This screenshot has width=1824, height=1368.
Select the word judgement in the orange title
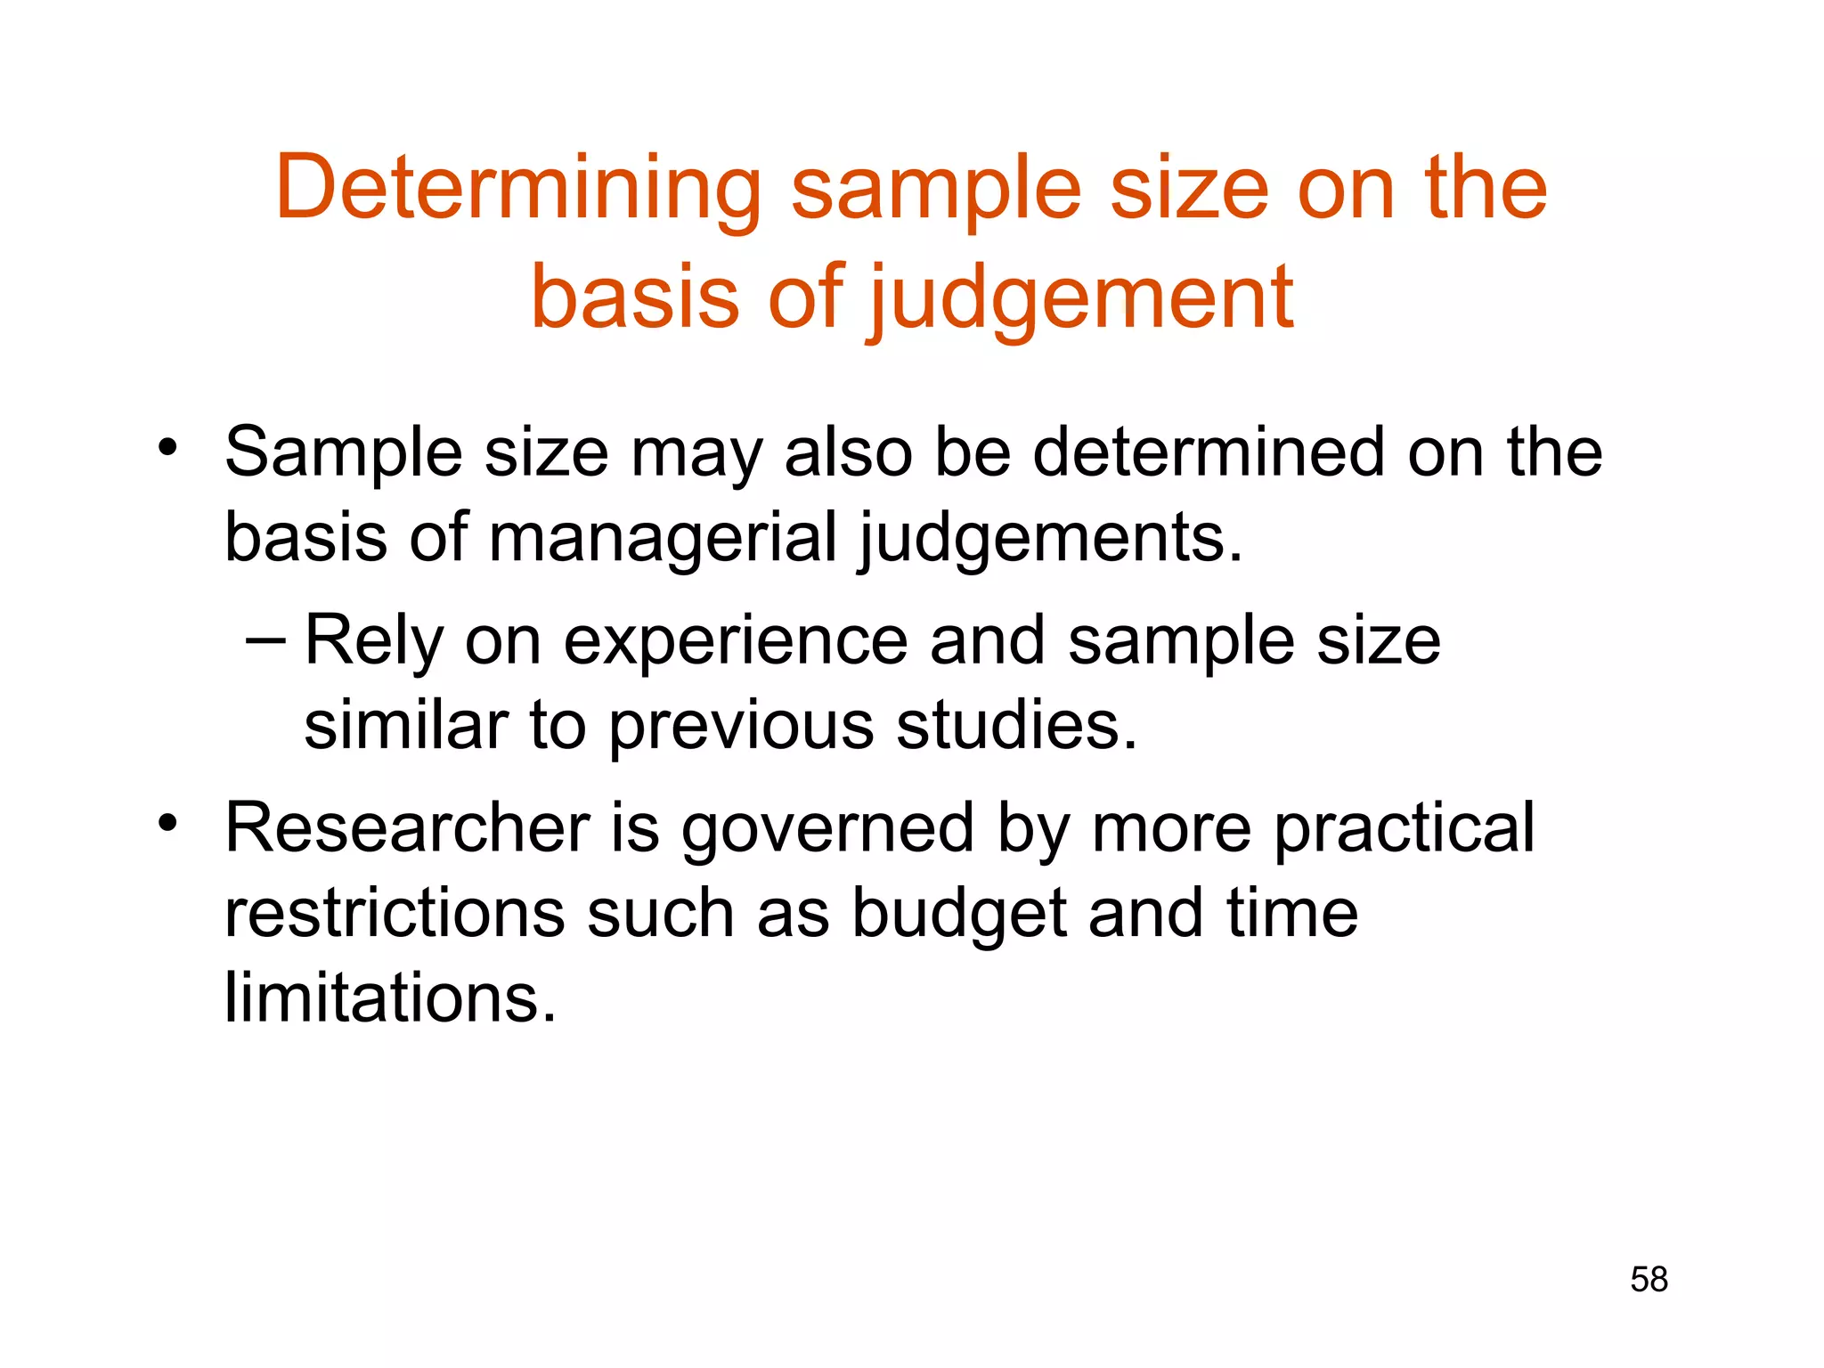pos(1081,298)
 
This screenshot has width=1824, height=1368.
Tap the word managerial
pos(663,538)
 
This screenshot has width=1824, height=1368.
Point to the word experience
pos(736,641)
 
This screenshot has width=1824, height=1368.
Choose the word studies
pos(1016,725)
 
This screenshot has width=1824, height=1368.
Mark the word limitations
pos(390,997)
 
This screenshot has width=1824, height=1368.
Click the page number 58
pos(1649,1280)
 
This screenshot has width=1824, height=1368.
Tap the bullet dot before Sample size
pos(167,447)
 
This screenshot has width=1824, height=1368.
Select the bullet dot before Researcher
pos(167,823)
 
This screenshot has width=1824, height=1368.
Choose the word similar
pos(406,725)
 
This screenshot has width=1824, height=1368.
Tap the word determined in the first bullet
pos(1209,452)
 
